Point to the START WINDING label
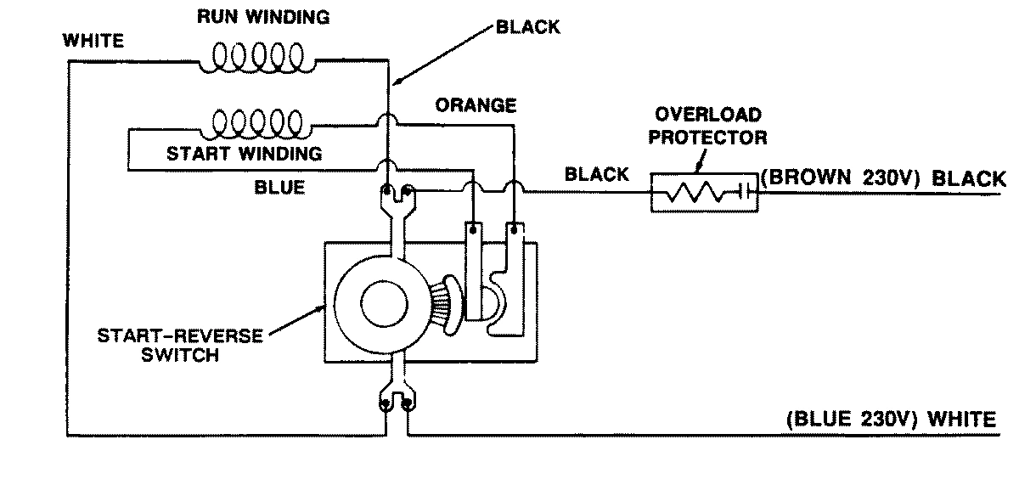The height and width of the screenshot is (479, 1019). [x=244, y=155]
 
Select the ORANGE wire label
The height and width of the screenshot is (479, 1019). [x=476, y=105]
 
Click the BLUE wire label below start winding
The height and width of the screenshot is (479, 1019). [x=279, y=188]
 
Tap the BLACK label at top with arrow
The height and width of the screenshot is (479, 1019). [x=528, y=27]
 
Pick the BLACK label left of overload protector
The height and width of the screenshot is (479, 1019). [x=597, y=175]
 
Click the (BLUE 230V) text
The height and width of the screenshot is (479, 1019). [x=853, y=419]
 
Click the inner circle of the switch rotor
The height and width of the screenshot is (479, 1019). [x=380, y=302]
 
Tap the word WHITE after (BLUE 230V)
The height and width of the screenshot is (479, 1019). [x=962, y=419]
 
